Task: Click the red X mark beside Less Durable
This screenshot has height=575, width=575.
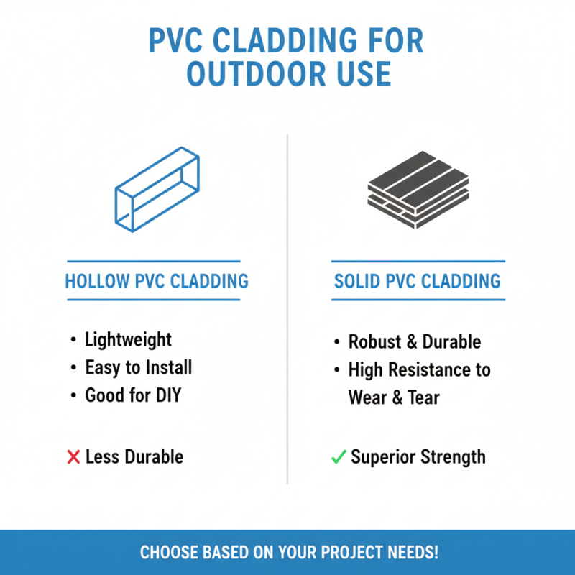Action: point(73,456)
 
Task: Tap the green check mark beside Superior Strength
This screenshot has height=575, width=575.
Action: point(339,456)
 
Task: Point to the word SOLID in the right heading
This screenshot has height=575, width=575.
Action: point(357,280)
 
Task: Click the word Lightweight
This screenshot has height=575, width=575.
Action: point(129,339)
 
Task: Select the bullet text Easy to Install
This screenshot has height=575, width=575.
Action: point(139,367)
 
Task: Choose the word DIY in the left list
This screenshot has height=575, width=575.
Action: point(162,395)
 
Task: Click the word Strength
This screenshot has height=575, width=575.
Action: point(452,456)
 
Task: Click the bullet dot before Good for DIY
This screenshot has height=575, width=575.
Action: point(73,395)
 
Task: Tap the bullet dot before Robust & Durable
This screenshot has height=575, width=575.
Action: point(337,343)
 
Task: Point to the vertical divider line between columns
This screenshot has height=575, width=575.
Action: point(287,309)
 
